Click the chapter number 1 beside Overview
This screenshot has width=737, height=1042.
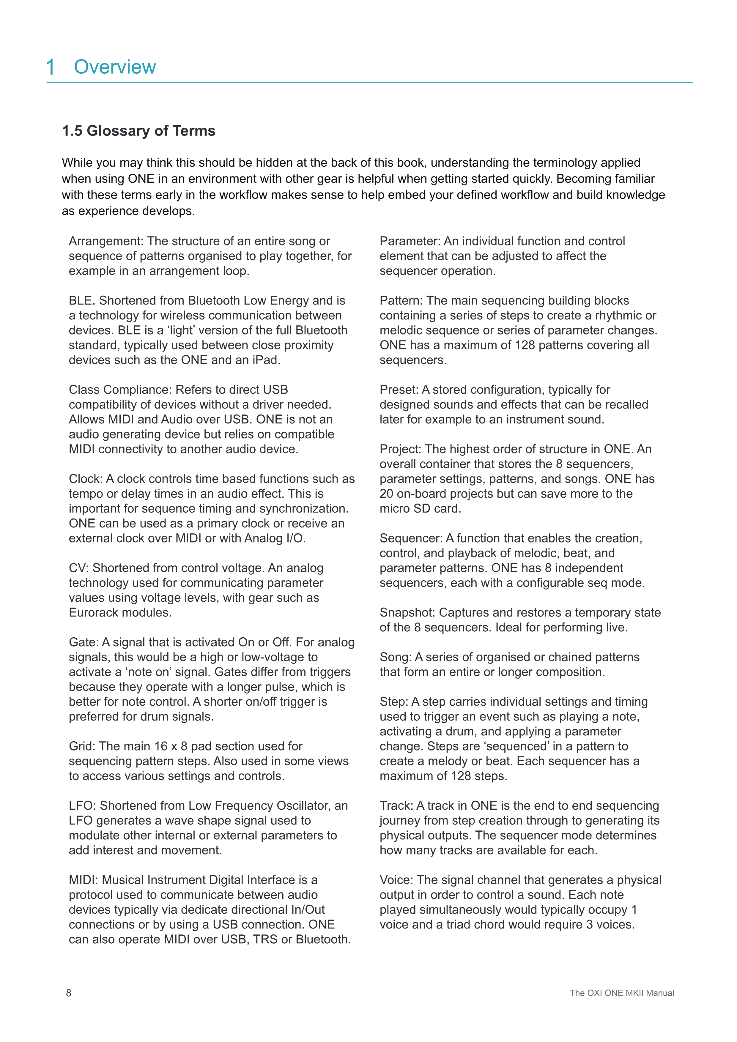[51, 67]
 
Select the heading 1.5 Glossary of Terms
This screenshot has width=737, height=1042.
[138, 131]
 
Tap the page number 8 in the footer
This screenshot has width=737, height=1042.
[69, 993]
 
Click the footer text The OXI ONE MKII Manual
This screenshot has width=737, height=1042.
[622, 993]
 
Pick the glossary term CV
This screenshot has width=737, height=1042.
[78, 568]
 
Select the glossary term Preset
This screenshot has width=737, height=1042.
[399, 390]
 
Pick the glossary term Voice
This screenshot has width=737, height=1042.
[396, 880]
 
